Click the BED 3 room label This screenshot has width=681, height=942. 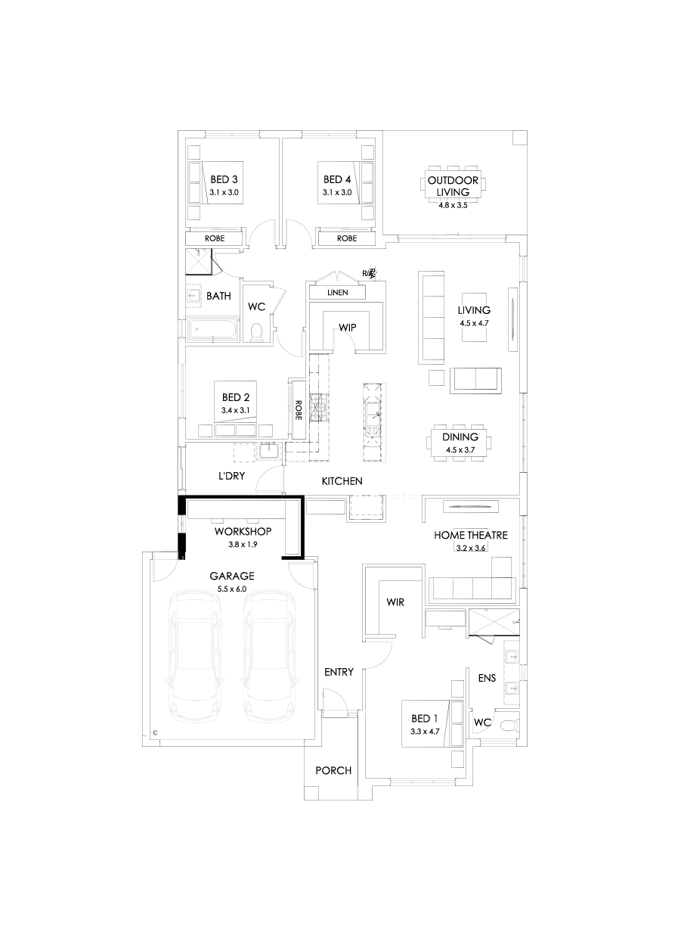point(224,180)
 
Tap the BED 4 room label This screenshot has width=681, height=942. point(337,180)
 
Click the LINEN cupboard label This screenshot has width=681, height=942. point(337,293)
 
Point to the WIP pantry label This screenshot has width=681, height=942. point(347,328)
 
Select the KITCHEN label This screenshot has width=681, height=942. point(342,481)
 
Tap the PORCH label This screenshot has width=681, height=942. point(333,771)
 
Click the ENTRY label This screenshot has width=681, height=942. point(339,672)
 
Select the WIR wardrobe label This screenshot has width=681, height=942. point(395,602)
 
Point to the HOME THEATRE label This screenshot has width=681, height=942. point(471,536)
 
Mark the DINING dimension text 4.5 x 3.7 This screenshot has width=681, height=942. point(461,450)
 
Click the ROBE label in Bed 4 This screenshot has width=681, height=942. point(347,238)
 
